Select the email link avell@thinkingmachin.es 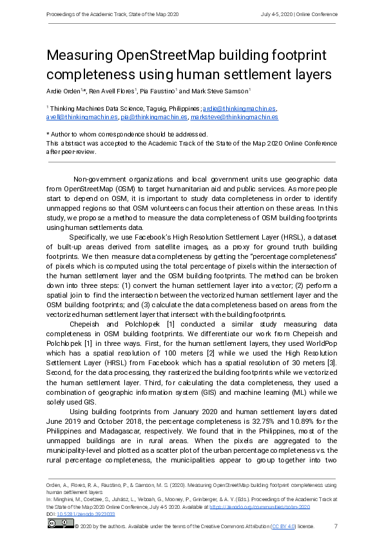click(82, 117)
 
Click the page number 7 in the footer click(336, 526)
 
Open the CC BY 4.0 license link click(283, 526)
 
